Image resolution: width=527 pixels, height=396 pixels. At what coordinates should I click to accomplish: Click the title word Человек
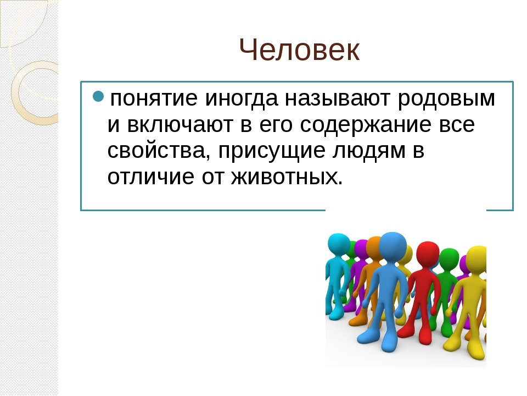coord(300,50)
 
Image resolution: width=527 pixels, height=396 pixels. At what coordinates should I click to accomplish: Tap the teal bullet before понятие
coord(98,97)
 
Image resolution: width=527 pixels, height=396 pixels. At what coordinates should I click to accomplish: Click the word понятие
coord(154,98)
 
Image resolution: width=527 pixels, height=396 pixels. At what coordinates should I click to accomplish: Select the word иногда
coord(242,98)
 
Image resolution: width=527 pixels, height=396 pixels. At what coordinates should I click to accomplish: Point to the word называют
coord(338,98)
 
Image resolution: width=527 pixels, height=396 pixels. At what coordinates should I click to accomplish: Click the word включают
coord(180,125)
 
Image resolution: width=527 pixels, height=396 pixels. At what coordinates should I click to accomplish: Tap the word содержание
coord(366,125)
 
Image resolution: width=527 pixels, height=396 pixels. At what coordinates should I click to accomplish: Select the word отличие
coord(150,177)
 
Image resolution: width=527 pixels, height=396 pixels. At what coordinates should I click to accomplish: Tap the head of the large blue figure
coord(393,246)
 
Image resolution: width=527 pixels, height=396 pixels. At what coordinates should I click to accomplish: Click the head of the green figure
coord(449,259)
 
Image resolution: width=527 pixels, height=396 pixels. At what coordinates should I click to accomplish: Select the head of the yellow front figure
coord(476,259)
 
